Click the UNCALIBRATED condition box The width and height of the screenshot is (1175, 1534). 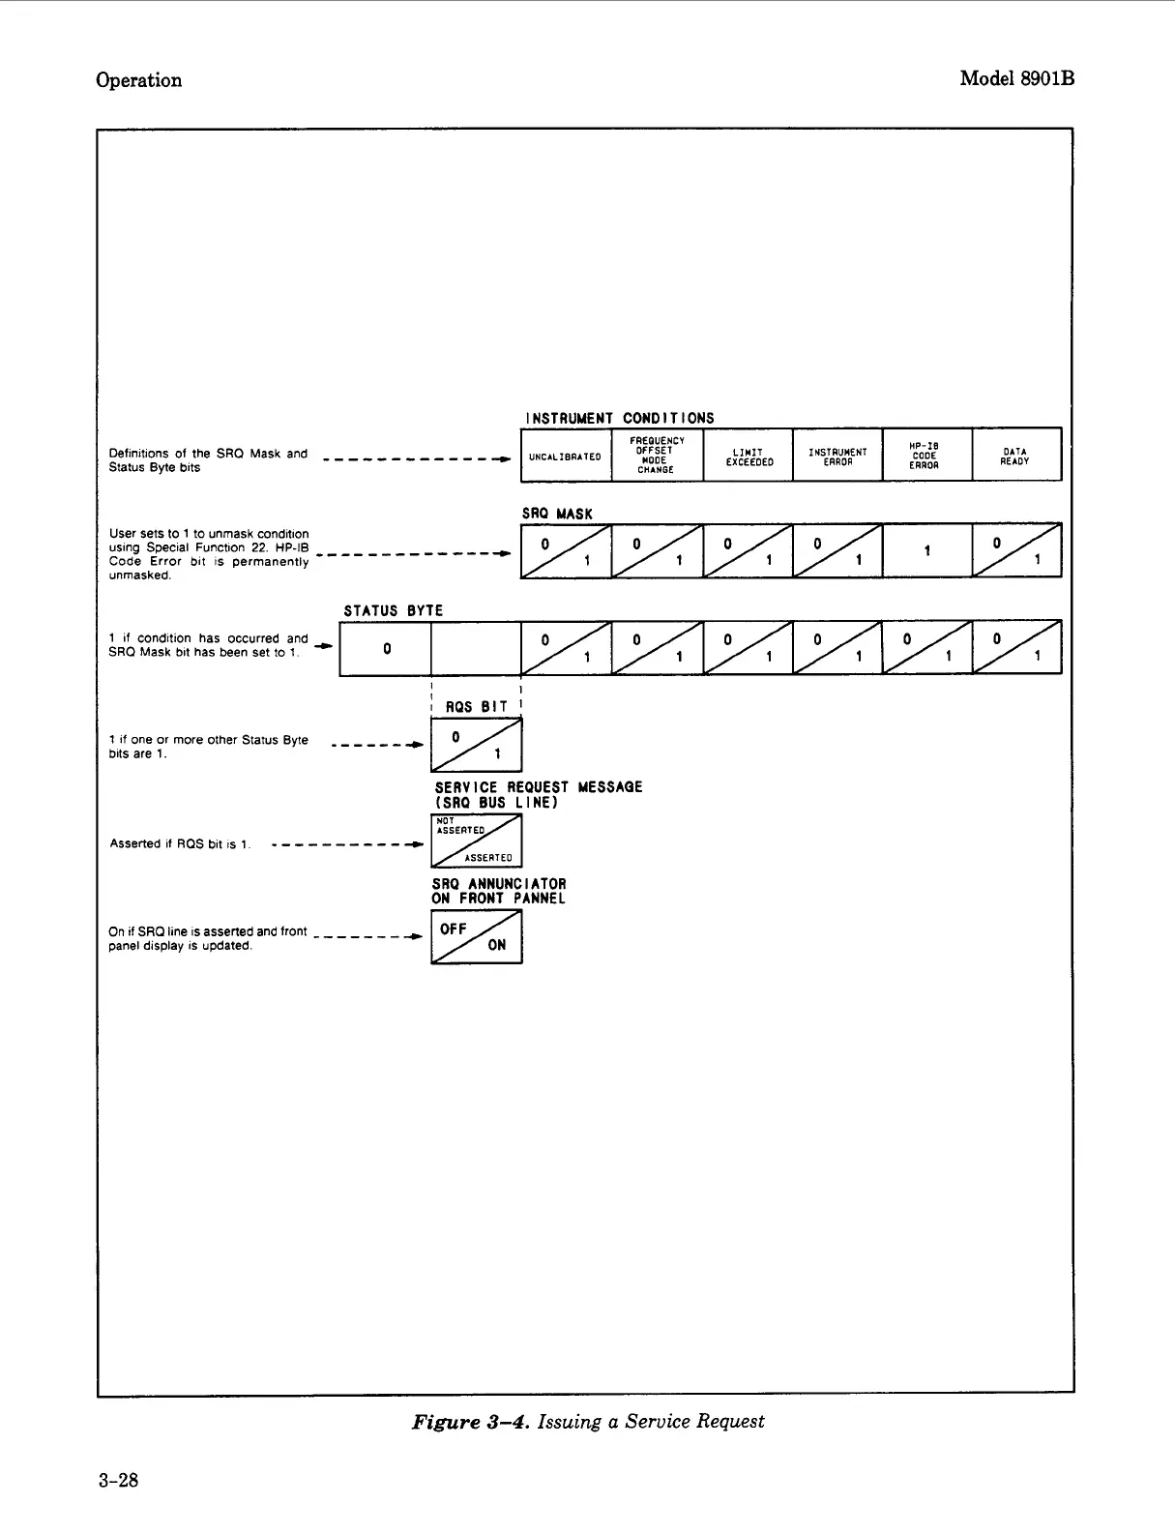(x=565, y=456)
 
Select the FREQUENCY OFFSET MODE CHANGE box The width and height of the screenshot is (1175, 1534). (x=657, y=455)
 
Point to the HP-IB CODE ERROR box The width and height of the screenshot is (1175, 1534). (x=925, y=456)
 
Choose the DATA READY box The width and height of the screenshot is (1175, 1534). (x=1015, y=456)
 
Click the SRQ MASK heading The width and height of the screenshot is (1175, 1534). (x=557, y=514)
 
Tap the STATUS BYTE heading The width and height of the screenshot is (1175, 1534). (x=394, y=610)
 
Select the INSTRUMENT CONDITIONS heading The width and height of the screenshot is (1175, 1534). (x=619, y=418)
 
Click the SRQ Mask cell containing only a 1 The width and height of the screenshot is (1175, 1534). (x=926, y=550)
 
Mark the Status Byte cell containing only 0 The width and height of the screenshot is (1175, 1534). (x=385, y=648)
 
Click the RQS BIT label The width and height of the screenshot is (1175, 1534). (x=476, y=706)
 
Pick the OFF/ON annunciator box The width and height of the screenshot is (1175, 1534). (x=476, y=937)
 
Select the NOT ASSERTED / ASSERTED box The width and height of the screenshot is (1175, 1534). (x=476, y=841)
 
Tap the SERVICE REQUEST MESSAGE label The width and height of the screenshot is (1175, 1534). (x=538, y=794)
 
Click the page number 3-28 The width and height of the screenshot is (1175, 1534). (x=118, y=1480)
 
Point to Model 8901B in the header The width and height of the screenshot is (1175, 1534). (x=1016, y=79)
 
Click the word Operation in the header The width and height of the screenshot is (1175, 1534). (x=138, y=80)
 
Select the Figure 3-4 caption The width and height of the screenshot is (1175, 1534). (x=588, y=1421)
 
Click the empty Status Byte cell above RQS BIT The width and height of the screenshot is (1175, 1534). (x=476, y=648)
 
